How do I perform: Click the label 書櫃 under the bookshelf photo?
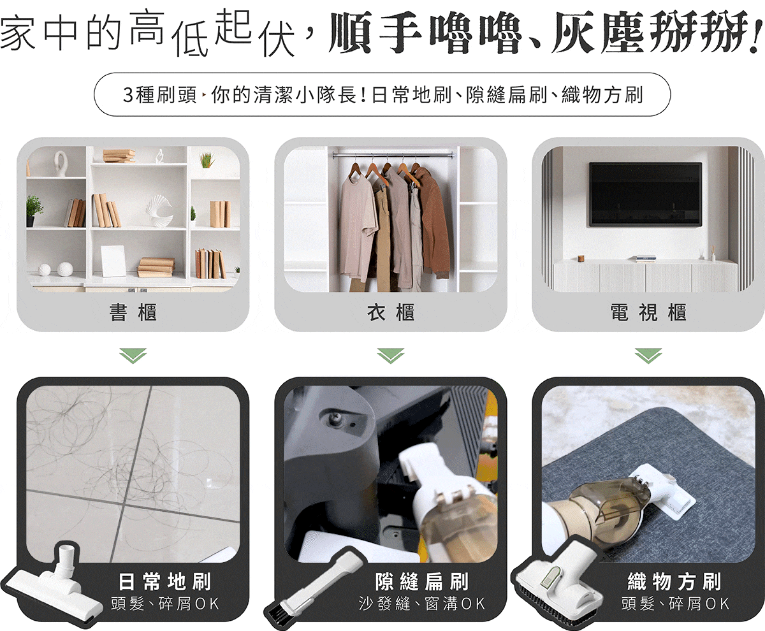pos(133,312)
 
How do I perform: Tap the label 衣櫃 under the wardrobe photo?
pos(391,312)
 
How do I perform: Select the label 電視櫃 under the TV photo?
pos(648,312)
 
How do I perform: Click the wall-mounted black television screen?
pos(646,194)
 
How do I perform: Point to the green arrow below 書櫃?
pos(133,356)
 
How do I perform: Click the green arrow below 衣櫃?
pos(391,356)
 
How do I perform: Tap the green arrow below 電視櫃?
pos(648,356)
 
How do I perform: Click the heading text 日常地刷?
pos(165,581)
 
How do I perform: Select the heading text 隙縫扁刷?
pos(421,581)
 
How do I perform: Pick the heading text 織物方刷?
pos(674,581)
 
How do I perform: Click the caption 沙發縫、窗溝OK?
pos(421,604)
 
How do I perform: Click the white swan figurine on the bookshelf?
pos(59,163)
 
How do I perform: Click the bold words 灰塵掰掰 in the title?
pos(656,33)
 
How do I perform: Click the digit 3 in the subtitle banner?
pos(128,95)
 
